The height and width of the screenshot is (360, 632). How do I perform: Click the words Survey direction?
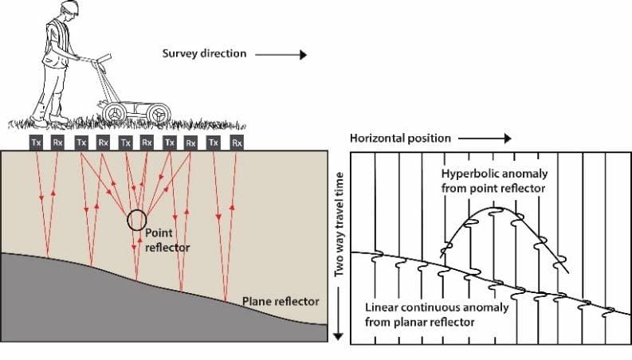pos(205,55)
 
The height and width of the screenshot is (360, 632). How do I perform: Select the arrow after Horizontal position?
pos(483,138)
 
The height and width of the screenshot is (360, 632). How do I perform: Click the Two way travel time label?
pos(338,224)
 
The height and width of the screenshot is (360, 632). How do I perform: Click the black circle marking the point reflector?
pos(137,218)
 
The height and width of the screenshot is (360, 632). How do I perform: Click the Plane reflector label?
pos(281,301)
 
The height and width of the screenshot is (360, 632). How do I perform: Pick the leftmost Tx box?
pos(36,143)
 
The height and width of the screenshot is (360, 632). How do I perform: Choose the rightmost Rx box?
pos(236,143)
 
